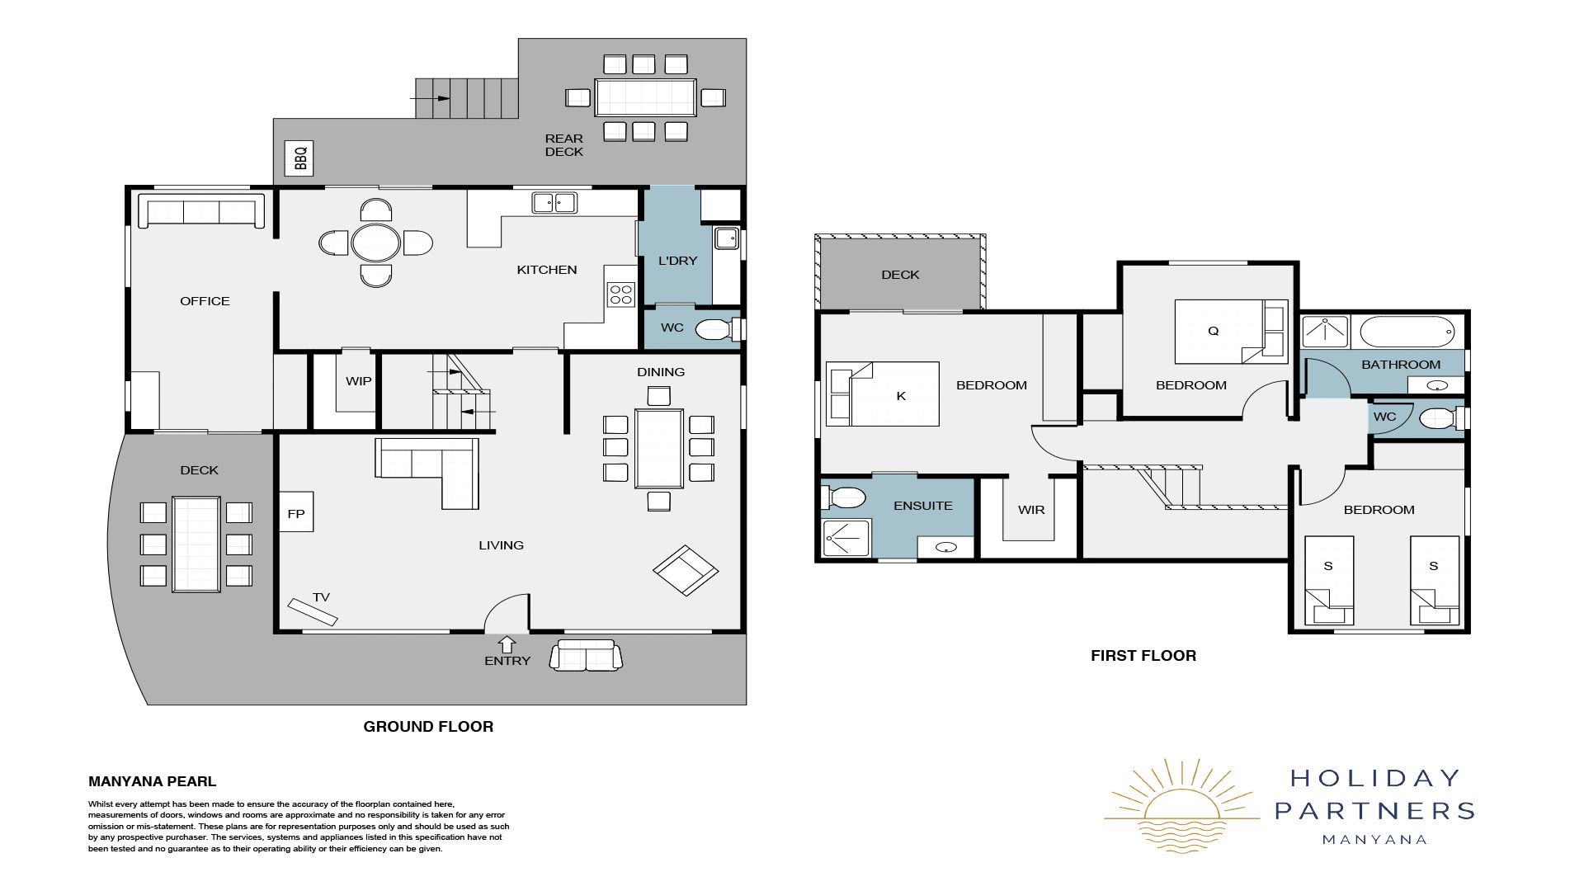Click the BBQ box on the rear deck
[x=299, y=157]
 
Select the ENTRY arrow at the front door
[x=507, y=644]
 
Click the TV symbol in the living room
[x=313, y=611]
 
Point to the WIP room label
[x=358, y=381]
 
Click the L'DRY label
[x=677, y=261]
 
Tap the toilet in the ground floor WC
[x=719, y=330]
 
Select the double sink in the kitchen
[x=554, y=202]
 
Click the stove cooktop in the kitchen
[x=620, y=295]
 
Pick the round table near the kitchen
[x=376, y=243]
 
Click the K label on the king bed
[x=901, y=396]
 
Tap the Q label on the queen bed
[x=1213, y=331]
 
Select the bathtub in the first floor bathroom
[x=1407, y=332]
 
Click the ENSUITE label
[x=923, y=506]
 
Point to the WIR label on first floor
[x=1031, y=510]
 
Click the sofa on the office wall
[x=201, y=210]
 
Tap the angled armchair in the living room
[x=686, y=570]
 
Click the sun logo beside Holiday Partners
[x=1182, y=805]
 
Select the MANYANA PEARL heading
[x=153, y=781]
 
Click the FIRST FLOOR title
[x=1143, y=656]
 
